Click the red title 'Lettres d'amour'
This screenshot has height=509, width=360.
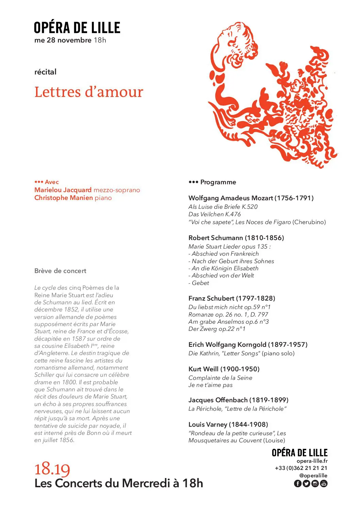tap(88, 92)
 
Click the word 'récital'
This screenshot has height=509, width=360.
tap(45, 72)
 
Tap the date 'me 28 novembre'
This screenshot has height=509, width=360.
tap(63, 40)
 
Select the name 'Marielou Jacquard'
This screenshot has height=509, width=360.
tap(63, 190)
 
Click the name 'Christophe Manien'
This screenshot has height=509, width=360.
tap(64, 198)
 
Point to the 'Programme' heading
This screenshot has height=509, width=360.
tap(218, 182)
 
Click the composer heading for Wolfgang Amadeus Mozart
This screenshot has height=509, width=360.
tap(251, 198)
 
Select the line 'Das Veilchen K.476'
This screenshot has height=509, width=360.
tap(214, 214)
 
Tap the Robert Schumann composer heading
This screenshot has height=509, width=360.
tap(236, 238)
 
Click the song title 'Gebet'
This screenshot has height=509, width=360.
tap(200, 283)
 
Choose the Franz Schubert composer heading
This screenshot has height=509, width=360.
tap(231, 298)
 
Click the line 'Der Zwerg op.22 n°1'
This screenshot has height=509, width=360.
tap(217, 329)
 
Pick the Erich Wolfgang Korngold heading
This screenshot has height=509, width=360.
tap(248, 344)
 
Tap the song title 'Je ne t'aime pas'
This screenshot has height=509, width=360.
tap(210, 385)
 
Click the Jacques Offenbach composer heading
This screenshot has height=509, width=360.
tap(238, 400)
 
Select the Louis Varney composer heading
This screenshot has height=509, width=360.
tap(228, 424)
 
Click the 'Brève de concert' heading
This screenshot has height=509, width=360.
tap(60, 271)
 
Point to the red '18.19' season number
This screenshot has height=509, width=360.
tap(52, 469)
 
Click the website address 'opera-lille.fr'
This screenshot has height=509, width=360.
tap(312, 461)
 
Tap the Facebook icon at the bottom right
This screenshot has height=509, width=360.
tap(297, 483)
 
